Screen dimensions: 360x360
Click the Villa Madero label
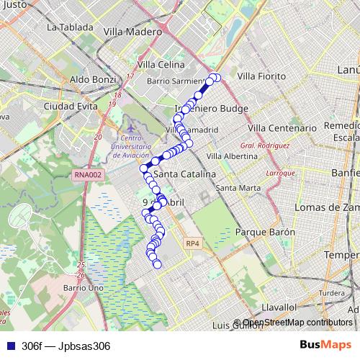tap(133, 32)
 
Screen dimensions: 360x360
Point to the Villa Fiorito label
tap(261, 76)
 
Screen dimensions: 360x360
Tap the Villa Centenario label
tap(282, 127)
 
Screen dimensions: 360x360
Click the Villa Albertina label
tap(232, 156)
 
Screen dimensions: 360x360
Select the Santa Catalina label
tap(185, 174)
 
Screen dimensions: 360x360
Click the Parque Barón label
tap(266, 233)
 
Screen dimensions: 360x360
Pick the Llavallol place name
tap(280, 306)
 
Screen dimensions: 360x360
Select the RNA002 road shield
tap(89, 174)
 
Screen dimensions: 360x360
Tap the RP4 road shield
tap(192, 244)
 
